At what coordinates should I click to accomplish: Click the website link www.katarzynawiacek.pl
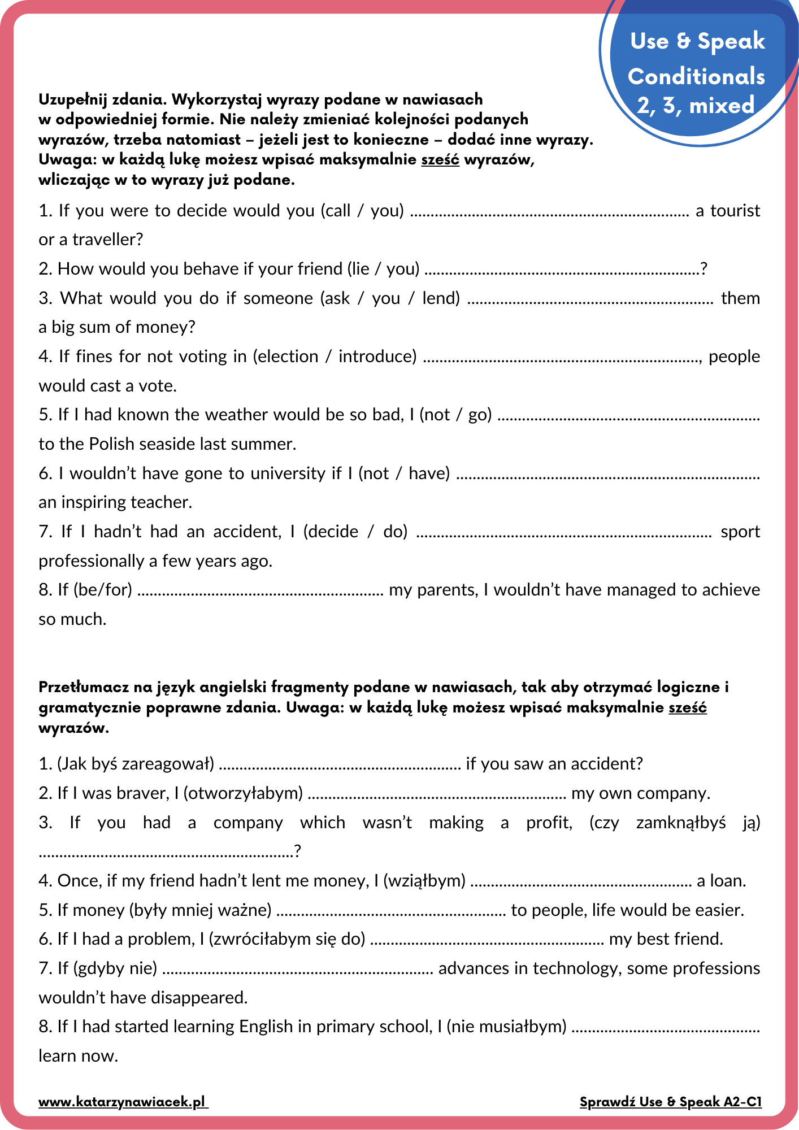click(123, 1102)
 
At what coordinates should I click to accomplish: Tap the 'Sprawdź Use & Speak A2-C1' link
click(671, 1102)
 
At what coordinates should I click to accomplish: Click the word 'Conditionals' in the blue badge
click(696, 76)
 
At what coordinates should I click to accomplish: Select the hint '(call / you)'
click(362, 211)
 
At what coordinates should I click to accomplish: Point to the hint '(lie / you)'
click(383, 269)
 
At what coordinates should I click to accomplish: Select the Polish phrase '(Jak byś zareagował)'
click(136, 764)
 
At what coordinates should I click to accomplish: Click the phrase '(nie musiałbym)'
click(506, 1027)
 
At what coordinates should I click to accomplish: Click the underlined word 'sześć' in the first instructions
click(440, 160)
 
